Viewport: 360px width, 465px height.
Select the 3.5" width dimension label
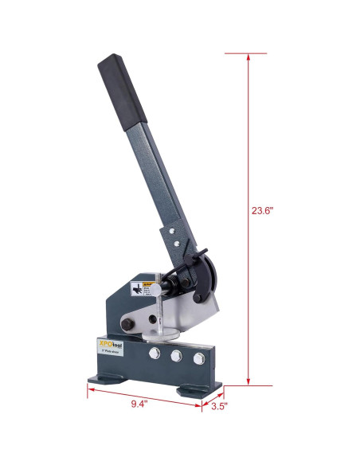220,407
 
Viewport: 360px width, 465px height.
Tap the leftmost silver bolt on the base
151,354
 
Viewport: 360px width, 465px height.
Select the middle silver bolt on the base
175,355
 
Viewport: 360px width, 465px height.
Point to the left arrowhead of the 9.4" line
90,390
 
